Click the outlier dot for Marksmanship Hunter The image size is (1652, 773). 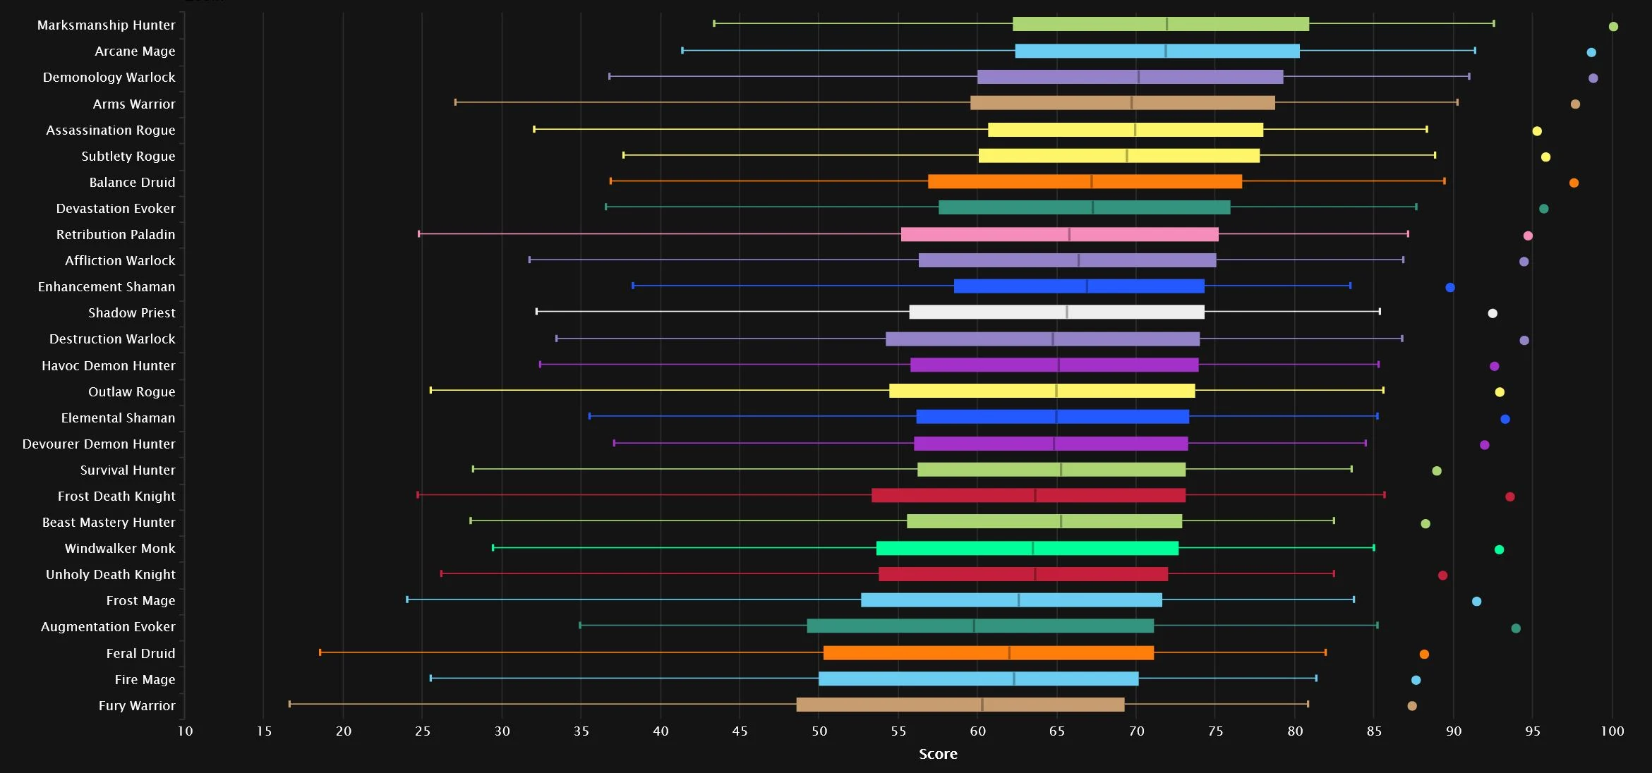(1613, 27)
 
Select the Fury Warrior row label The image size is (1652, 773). (137, 705)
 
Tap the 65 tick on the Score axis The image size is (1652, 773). (1057, 731)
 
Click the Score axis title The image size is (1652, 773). (938, 754)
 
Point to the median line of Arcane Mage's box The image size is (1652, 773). (1166, 51)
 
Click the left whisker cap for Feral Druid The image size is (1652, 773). (320, 652)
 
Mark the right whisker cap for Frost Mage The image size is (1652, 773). (1353, 599)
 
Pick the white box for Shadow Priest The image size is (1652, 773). (1057, 312)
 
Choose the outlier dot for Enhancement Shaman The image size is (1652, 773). (1450, 288)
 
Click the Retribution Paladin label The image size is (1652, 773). (116, 234)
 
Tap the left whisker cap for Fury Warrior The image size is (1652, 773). (289, 704)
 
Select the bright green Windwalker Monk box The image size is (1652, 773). (1027, 548)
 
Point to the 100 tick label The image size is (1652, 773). (1612, 731)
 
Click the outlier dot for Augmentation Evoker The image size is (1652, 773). (1516, 628)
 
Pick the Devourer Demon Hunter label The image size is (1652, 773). (99, 444)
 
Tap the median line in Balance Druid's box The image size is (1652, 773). (1092, 181)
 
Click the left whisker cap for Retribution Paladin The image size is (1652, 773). (419, 233)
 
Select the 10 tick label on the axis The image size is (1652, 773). (185, 731)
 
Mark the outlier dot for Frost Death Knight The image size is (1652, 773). (1510, 497)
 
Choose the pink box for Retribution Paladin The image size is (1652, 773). (1060, 234)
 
